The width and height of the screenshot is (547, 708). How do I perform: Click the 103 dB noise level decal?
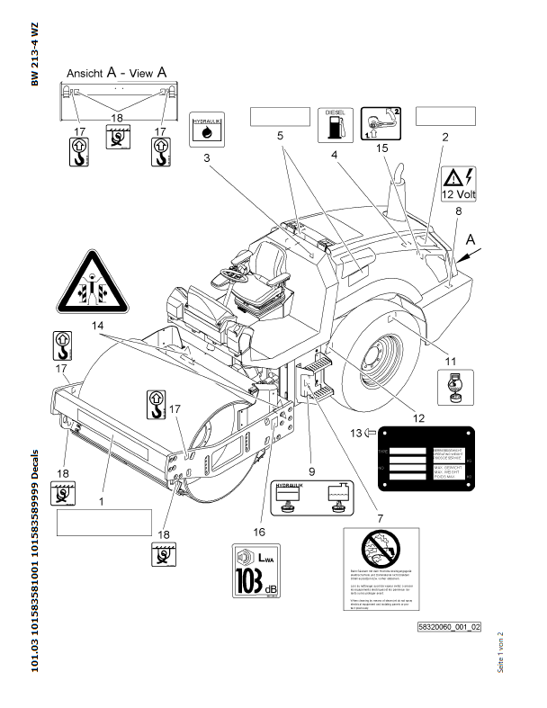click(253, 573)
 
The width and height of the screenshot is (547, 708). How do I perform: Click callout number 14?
click(96, 323)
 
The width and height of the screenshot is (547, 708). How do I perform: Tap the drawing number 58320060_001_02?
click(449, 626)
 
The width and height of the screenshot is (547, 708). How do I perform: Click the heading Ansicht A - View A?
click(118, 71)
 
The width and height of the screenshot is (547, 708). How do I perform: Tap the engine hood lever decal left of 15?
click(379, 123)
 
